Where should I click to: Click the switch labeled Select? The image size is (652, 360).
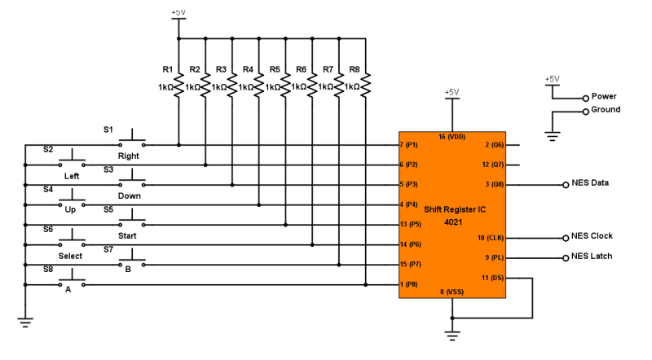pos(72,241)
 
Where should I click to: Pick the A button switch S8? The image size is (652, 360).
pos(72,282)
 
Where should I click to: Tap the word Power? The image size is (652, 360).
pos(604,96)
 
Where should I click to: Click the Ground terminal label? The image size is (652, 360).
pos(606,109)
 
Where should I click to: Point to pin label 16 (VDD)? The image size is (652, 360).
pos(452,137)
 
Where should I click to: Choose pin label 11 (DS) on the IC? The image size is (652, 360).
pos(491,278)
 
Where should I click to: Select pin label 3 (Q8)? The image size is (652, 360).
pos(493,185)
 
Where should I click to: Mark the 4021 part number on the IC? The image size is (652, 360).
pos(452,220)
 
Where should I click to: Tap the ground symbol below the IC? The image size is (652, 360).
pos(452,331)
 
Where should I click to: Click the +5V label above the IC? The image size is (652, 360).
pos(452,92)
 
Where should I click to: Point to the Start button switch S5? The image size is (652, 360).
pos(132,222)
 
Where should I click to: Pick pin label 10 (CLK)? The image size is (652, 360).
pos(491,238)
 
